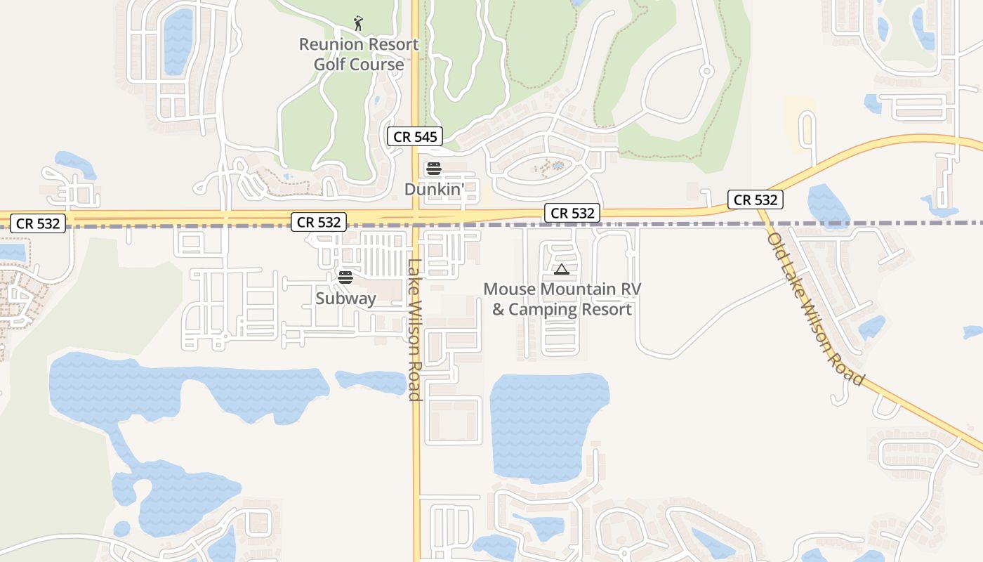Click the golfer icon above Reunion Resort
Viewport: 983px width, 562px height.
(358, 23)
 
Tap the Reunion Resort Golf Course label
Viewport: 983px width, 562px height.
(359, 54)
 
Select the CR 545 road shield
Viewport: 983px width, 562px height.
(415, 136)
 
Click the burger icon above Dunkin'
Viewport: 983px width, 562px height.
(433, 169)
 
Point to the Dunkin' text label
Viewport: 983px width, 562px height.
(434, 189)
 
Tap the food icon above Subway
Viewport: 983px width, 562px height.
(345, 277)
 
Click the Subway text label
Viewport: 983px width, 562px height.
(345, 299)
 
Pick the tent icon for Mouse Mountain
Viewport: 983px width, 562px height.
(561, 269)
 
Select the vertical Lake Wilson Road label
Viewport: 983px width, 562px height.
(414, 330)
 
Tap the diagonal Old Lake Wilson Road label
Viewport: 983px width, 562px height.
(815, 309)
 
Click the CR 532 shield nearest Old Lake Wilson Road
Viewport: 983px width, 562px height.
(755, 200)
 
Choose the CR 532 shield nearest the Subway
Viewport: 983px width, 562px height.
(319, 222)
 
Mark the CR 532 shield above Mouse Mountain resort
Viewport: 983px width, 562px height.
(572, 213)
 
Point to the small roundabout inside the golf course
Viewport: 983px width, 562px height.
(706, 71)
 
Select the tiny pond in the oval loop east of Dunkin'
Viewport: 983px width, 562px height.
(558, 166)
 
